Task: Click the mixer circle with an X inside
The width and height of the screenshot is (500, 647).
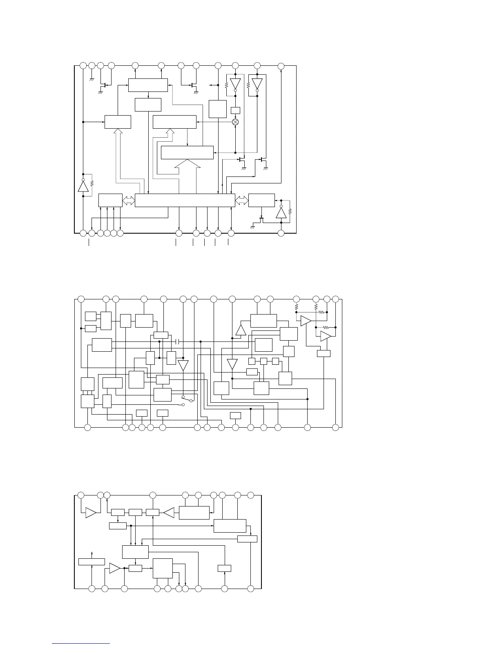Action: [x=235, y=122]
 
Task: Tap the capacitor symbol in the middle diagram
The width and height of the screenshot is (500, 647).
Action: [x=177, y=341]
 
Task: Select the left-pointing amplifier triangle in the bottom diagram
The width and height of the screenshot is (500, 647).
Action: [x=169, y=512]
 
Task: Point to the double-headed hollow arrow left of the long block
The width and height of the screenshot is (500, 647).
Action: [x=129, y=200]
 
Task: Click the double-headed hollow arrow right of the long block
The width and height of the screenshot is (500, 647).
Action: [x=241, y=200]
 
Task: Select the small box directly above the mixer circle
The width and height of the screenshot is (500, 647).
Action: [x=235, y=110]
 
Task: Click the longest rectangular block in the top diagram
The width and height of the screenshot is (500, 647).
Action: [x=185, y=200]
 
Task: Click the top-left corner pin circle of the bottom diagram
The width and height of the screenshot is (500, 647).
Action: [x=81, y=495]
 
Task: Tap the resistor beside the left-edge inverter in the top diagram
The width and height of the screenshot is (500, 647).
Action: [x=92, y=183]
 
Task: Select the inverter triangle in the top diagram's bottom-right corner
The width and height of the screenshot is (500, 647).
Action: [x=281, y=213]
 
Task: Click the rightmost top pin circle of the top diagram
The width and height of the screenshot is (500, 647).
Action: [x=281, y=65]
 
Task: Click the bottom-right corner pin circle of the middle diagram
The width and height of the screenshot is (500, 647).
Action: [x=336, y=427]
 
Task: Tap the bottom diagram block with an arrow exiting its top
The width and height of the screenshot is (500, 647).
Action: [x=92, y=562]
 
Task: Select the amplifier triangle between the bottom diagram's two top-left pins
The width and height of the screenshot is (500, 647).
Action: [x=91, y=513]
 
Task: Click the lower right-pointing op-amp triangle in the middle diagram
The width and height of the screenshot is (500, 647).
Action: [x=325, y=336]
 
